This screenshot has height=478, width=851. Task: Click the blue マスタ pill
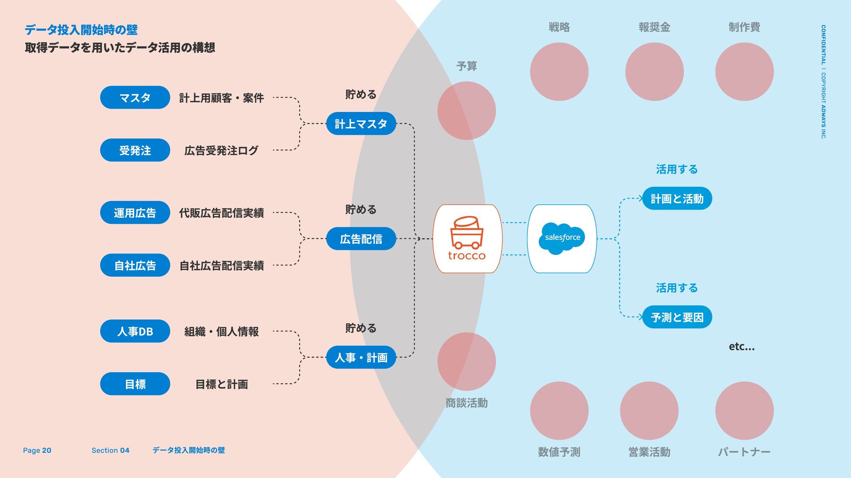point(135,97)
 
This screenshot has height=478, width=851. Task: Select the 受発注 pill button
point(135,150)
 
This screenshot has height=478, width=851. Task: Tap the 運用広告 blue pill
point(135,212)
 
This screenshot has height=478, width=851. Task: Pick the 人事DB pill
point(135,331)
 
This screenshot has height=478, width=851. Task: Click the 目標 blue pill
point(135,384)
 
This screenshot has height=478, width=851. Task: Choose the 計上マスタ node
point(361,123)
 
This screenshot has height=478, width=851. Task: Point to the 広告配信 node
point(361,239)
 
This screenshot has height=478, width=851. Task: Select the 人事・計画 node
point(361,357)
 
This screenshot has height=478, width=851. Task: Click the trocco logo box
point(467,239)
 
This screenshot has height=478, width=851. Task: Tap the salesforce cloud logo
point(562,238)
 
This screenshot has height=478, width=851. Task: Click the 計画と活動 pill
point(677,198)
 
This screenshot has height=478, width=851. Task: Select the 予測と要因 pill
point(677,317)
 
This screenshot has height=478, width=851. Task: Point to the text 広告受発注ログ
point(221,150)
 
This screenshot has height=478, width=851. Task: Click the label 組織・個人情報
point(221,332)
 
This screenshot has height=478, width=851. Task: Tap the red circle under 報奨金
point(654,72)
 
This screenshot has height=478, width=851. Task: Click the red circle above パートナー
point(744,411)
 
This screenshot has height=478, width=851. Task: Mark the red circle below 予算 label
point(466,111)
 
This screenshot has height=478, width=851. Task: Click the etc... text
point(742,347)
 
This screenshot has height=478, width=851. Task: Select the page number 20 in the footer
point(47,450)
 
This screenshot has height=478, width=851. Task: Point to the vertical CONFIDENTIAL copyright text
point(823,82)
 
